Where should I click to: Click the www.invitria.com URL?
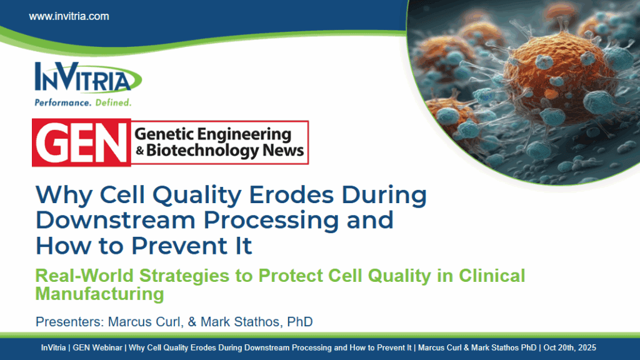tap(69, 16)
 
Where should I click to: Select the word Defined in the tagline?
tap(113, 102)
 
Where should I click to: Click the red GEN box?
tap(81, 142)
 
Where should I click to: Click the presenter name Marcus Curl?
tap(134, 322)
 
